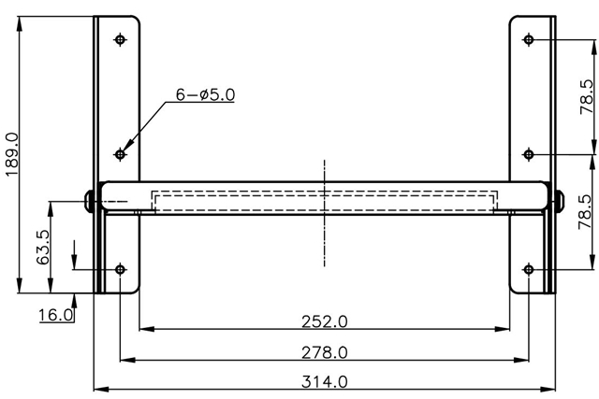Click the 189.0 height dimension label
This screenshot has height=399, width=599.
[x=12, y=154]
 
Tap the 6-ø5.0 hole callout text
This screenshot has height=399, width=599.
[x=205, y=94]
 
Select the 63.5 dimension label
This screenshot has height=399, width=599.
[x=43, y=247]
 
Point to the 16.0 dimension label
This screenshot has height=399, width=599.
[x=56, y=315]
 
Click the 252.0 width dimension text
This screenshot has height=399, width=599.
[x=325, y=321]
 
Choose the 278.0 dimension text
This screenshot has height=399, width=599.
[x=325, y=352]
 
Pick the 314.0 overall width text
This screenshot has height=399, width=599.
[x=325, y=381]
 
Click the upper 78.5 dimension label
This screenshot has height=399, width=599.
[x=587, y=97]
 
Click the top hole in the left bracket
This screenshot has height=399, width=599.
[x=121, y=39]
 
